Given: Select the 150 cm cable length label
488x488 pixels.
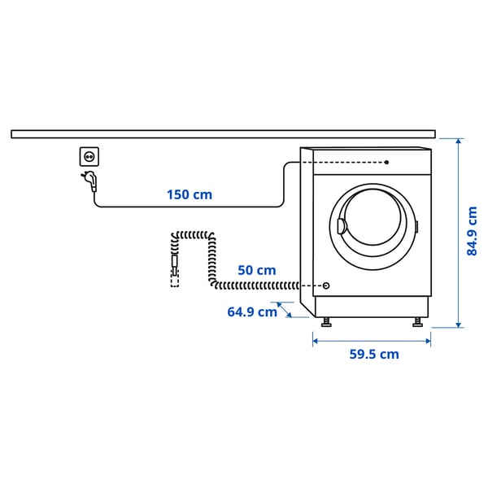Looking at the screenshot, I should point(189,194).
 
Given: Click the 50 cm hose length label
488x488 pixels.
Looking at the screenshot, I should point(256,270).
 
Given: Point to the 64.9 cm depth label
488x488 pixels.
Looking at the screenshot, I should point(252,312).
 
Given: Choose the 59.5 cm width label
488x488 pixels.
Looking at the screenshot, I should point(374,354).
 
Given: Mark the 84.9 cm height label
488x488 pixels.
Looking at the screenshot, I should point(473,231).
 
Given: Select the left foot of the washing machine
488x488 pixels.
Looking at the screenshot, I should point(327,321).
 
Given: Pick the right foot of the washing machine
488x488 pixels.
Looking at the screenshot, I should point(417,321).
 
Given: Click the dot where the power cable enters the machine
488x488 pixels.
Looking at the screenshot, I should point(386,162).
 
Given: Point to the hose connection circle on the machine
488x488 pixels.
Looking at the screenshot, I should point(326,285).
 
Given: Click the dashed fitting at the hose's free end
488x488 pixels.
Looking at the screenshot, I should point(174,278).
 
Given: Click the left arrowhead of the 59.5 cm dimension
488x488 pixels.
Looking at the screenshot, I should point(316,341).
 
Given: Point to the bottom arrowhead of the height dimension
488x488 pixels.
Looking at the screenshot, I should point(460,325).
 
